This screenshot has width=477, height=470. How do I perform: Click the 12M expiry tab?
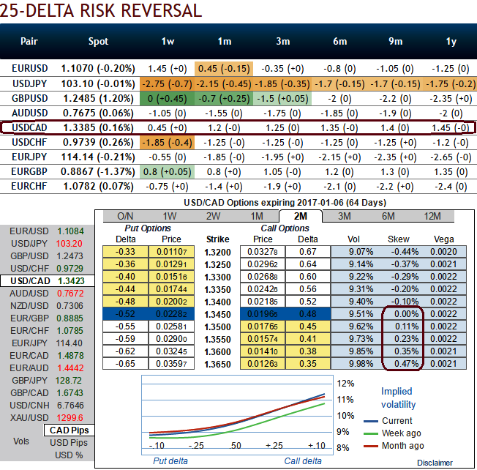(432, 216)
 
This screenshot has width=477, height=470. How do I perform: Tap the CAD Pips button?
(69, 430)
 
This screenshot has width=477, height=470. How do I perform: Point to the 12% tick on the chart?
(344, 384)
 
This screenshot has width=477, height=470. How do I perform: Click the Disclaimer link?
(435, 462)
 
